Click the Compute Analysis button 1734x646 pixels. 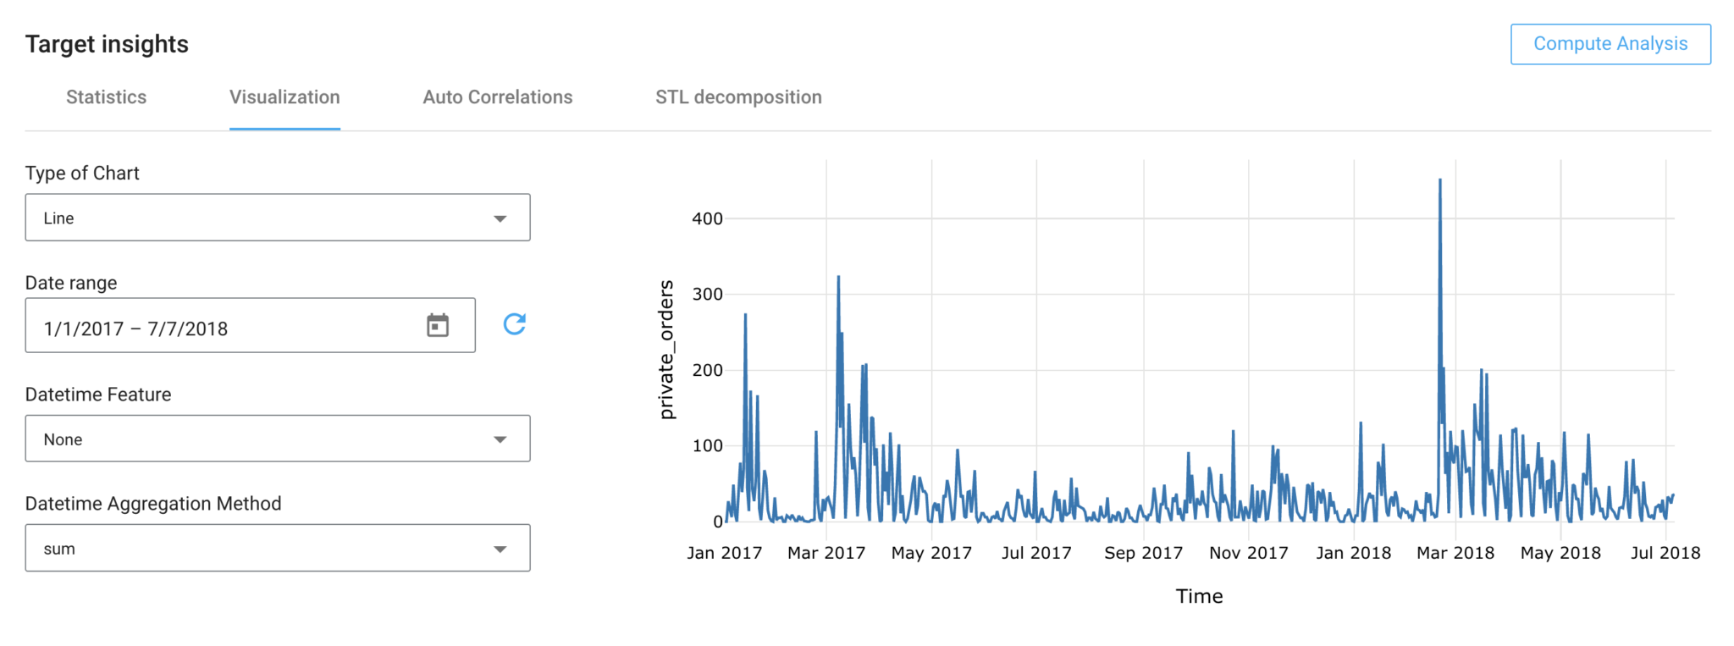tap(1610, 44)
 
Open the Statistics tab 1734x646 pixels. tap(106, 97)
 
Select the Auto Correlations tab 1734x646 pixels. tap(497, 97)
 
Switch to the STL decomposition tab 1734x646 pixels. tap(737, 97)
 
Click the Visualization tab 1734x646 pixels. tap(284, 97)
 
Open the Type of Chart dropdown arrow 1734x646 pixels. tap(500, 218)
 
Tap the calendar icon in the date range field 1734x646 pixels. tap(438, 325)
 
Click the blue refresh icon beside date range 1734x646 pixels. tap(515, 324)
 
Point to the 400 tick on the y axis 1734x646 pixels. tap(707, 218)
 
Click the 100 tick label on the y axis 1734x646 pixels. tap(707, 446)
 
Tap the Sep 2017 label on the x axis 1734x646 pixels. tap(1143, 553)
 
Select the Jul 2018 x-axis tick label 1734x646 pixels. tap(1665, 553)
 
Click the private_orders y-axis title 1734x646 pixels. tap(667, 350)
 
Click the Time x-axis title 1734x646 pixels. tap(1199, 596)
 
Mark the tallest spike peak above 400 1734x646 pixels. tap(1440, 179)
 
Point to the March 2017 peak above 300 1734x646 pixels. tap(838, 277)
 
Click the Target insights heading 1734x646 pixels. tap(107, 44)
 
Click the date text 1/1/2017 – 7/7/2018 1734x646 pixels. tap(135, 329)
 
